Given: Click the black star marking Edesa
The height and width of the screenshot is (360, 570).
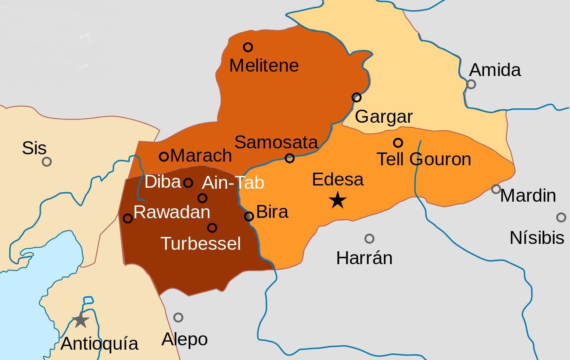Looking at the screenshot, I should (x=337, y=201).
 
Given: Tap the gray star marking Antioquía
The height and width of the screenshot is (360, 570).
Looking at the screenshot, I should (x=80, y=320).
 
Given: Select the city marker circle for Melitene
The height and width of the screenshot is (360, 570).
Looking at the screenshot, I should (x=248, y=47).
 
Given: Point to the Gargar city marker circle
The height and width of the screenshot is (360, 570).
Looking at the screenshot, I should (x=356, y=97).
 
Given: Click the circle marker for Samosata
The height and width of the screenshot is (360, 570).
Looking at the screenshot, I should (x=290, y=158).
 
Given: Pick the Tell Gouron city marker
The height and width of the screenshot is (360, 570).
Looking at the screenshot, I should (x=398, y=143).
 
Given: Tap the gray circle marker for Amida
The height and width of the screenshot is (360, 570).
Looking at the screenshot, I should (x=471, y=84).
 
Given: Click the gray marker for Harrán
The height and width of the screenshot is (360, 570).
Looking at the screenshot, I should (x=369, y=239).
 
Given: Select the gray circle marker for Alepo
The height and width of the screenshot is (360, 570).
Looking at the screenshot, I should (x=178, y=317).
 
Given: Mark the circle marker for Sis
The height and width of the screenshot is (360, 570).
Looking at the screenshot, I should (x=47, y=162).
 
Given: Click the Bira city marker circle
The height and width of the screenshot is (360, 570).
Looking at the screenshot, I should (x=249, y=216).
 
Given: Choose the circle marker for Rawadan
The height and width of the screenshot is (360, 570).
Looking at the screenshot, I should (x=128, y=218).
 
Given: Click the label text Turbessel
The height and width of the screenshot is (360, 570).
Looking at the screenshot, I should (x=201, y=244).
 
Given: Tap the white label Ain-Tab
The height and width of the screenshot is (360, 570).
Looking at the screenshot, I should (x=233, y=183).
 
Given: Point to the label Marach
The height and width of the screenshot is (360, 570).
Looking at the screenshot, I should (x=201, y=156).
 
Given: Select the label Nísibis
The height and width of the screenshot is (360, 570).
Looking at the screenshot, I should (x=537, y=238).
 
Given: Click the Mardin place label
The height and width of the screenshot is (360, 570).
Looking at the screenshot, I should (x=528, y=195).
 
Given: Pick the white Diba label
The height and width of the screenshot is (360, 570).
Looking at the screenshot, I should (x=163, y=182).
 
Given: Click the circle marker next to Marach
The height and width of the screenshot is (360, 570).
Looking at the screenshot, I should (x=164, y=156).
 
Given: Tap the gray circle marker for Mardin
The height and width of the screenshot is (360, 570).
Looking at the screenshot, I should (x=496, y=189).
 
